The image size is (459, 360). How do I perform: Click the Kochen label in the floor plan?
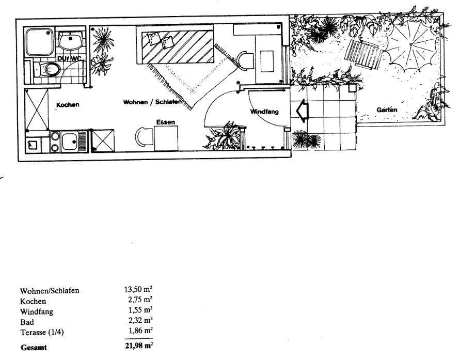67,105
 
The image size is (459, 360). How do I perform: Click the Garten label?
387,110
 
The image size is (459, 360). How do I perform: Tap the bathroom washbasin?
70,40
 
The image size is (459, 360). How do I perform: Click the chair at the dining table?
143,138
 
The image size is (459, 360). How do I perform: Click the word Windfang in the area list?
37,311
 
